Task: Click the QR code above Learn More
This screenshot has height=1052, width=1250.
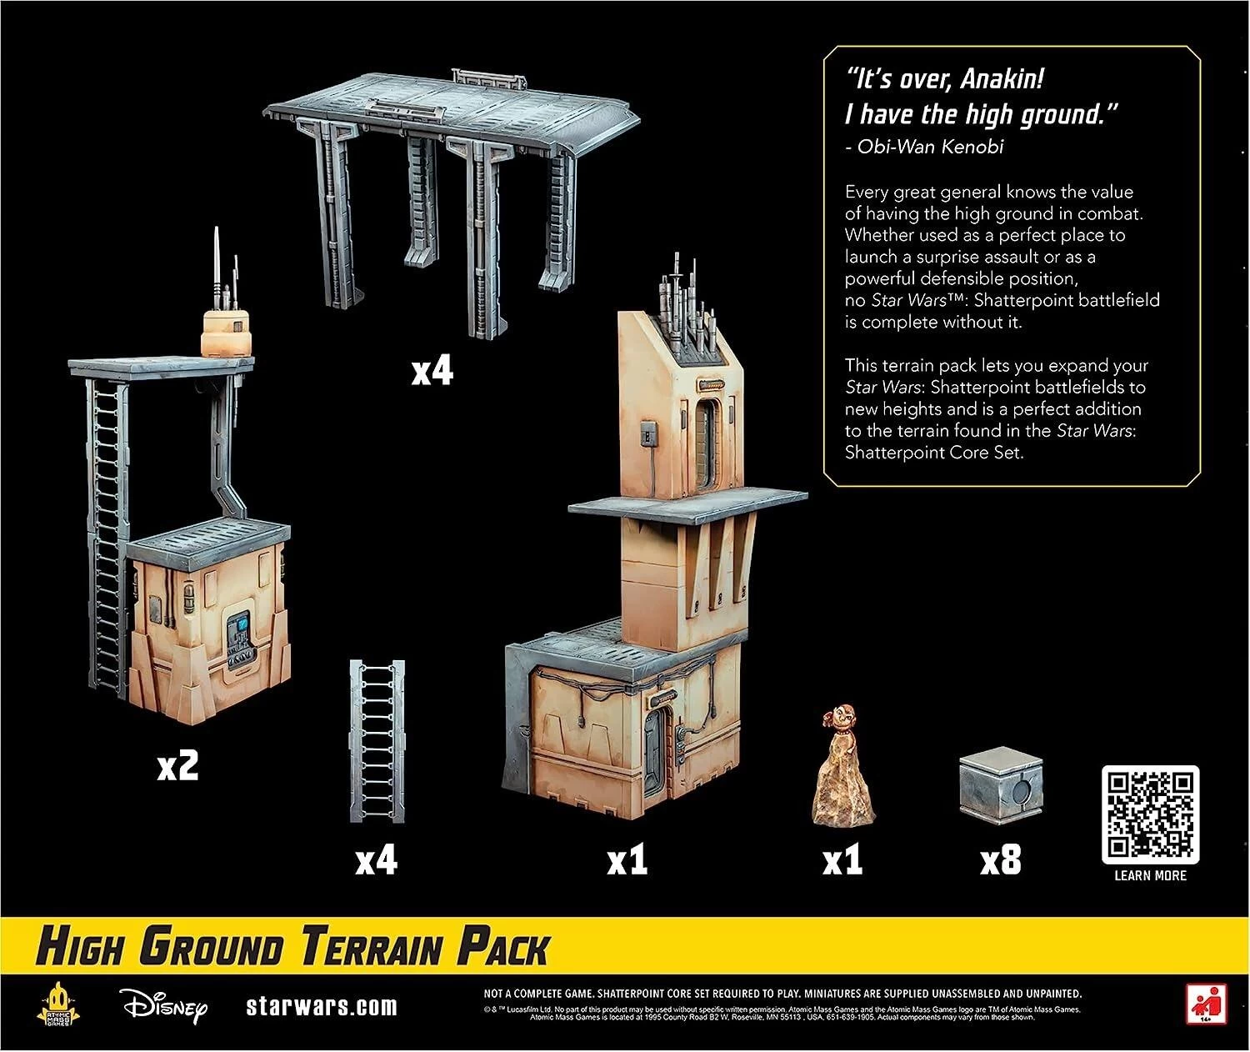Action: (1150, 814)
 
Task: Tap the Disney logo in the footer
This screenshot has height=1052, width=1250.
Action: (163, 1006)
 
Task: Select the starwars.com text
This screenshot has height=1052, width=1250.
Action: (322, 1006)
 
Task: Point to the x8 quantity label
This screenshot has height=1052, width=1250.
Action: (1000, 859)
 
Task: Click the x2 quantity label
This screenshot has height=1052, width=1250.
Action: (178, 767)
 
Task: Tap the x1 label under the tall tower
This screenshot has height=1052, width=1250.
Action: (627, 859)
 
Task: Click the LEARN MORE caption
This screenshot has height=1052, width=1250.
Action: (1150, 875)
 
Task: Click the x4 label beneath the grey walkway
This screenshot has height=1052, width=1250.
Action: (432, 372)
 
